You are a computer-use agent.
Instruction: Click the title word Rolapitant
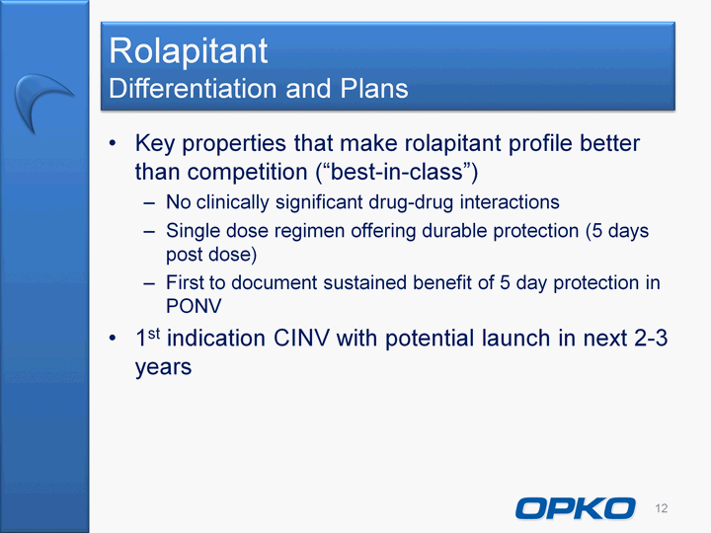189,50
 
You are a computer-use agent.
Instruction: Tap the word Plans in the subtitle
374,88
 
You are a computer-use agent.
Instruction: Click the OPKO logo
576,508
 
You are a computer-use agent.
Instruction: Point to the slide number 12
661,508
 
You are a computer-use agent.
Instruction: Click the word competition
248,173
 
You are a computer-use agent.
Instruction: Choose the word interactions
510,201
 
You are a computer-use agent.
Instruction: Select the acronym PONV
194,306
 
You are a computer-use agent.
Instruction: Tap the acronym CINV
301,339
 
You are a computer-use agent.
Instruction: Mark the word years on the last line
163,367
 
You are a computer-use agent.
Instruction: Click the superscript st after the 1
154,334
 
